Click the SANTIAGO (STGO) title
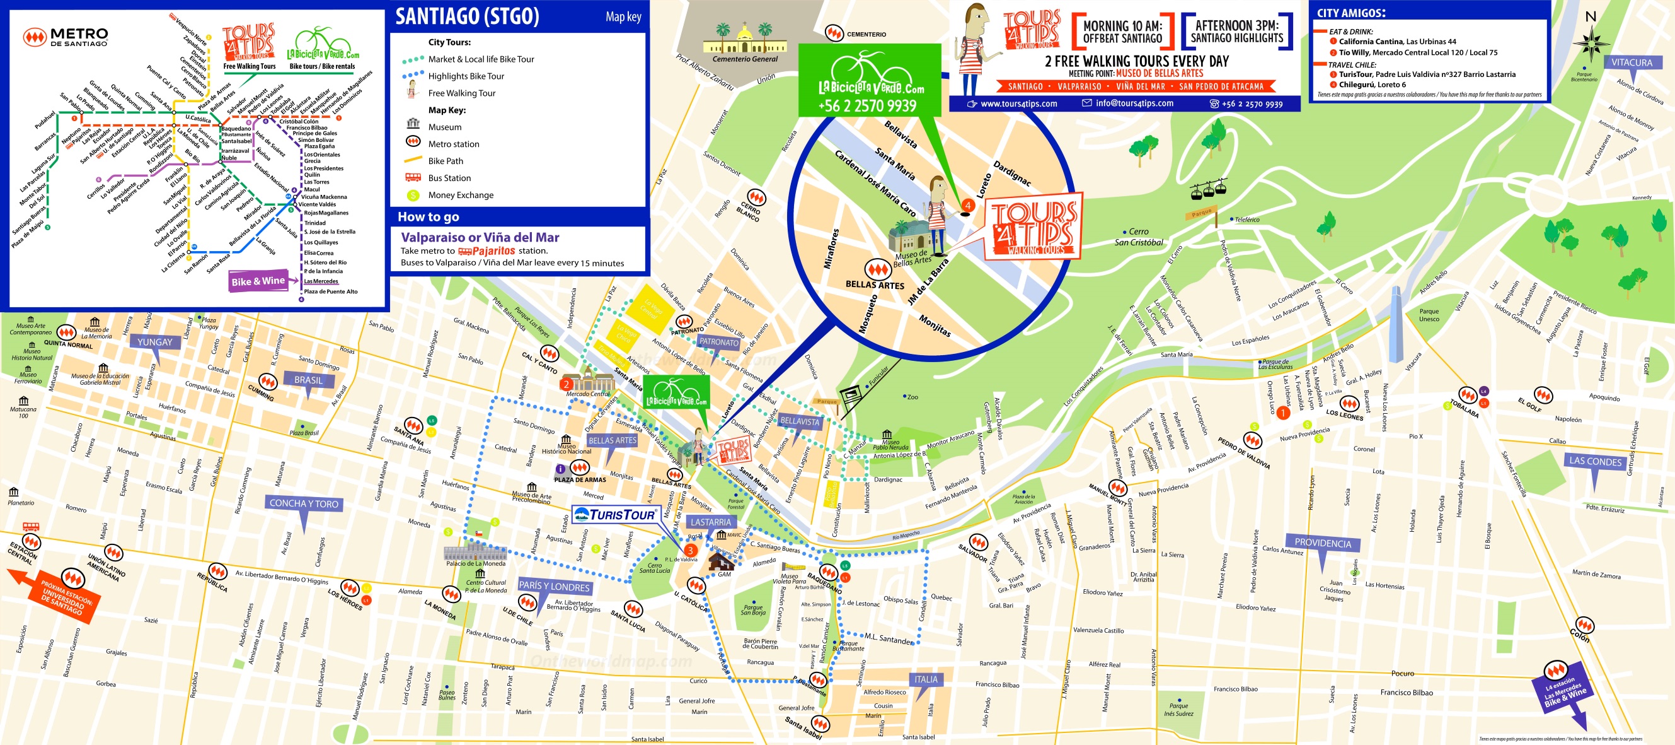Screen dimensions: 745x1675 (467, 16)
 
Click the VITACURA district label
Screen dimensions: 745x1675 (1631, 62)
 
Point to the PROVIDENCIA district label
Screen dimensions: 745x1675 (1322, 543)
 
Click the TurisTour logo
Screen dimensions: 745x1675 (616, 515)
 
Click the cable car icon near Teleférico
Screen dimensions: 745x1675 (1207, 189)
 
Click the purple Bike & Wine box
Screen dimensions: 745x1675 (258, 281)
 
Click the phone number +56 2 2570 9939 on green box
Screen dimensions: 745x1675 (866, 106)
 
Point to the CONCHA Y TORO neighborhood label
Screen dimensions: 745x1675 (304, 503)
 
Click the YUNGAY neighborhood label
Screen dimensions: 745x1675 (155, 343)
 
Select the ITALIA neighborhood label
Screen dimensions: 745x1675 (926, 679)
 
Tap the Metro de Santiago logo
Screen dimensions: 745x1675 (66, 37)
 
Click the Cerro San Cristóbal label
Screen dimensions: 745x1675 (1139, 237)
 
